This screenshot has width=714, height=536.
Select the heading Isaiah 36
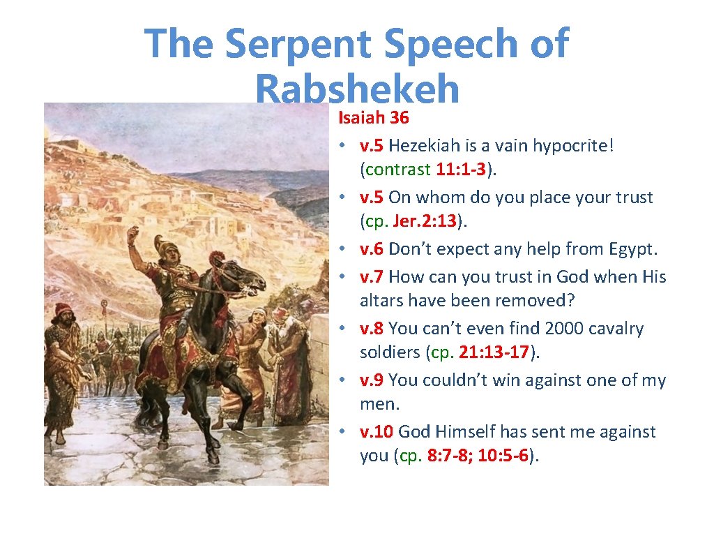[x=374, y=118]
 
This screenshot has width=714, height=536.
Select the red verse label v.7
[x=372, y=277]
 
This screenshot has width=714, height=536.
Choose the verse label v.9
[x=372, y=380]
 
